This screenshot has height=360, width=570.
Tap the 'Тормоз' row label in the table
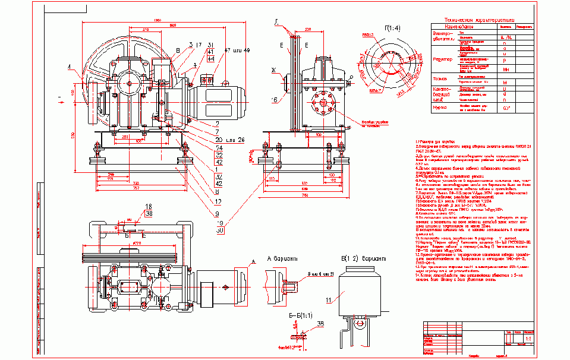point(440,78)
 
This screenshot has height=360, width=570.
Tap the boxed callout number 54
point(202,147)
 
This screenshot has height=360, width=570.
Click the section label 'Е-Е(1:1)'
point(299,315)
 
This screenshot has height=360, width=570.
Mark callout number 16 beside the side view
point(275,99)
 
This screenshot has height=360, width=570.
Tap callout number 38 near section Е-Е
point(320,324)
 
